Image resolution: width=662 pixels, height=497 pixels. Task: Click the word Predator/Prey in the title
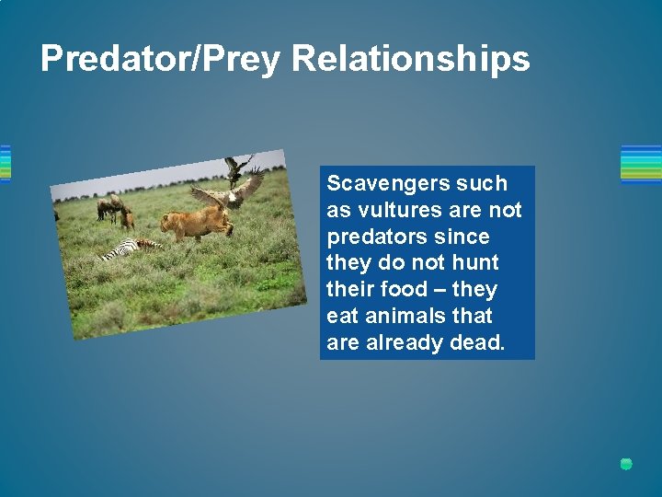pyautogui.click(x=162, y=59)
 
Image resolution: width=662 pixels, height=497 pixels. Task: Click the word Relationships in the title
pyautogui.click(x=411, y=59)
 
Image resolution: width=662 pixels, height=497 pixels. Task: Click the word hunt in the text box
pyautogui.click(x=474, y=263)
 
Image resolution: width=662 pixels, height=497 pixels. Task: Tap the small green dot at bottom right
pyautogui.click(x=626, y=464)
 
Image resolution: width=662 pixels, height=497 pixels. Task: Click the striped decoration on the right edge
pyautogui.click(x=641, y=164)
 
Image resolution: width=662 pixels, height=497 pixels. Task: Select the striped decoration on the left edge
pyautogui.click(x=5, y=164)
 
